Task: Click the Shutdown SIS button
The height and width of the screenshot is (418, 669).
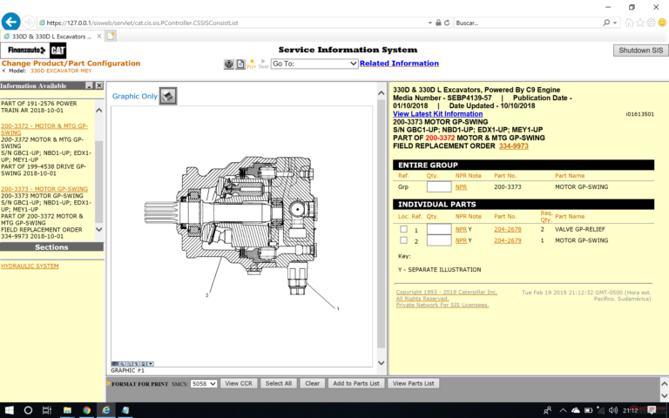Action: pyautogui.click(x=639, y=51)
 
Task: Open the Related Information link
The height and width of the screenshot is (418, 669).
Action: pyautogui.click(x=399, y=64)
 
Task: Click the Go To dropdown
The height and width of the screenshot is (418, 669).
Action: pyautogui.click(x=314, y=64)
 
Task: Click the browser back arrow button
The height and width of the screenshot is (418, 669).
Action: pyautogui.click(x=11, y=22)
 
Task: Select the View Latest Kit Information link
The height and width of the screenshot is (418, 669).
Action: pyautogui.click(x=437, y=114)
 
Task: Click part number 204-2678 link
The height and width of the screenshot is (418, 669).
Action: pyautogui.click(x=507, y=229)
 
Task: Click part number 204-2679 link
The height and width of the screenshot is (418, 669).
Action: pyautogui.click(x=507, y=240)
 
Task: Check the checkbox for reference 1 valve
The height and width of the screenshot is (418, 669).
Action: pyautogui.click(x=403, y=229)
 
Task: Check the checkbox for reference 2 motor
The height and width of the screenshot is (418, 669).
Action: pyautogui.click(x=403, y=240)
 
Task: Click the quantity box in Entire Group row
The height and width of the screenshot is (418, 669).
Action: pyautogui.click(x=439, y=186)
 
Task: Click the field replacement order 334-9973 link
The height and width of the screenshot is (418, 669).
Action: pyautogui.click(x=513, y=145)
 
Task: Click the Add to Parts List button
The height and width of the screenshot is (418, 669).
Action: pyautogui.click(x=356, y=383)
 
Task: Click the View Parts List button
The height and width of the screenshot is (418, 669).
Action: pyautogui.click(x=414, y=383)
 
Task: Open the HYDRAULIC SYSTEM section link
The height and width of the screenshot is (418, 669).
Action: pyautogui.click(x=30, y=266)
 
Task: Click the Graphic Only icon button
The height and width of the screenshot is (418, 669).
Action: pyautogui.click(x=168, y=96)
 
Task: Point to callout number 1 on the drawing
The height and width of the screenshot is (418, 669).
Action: pyautogui.click(x=337, y=309)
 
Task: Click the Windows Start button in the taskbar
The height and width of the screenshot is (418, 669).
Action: pyautogui.click(x=9, y=409)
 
